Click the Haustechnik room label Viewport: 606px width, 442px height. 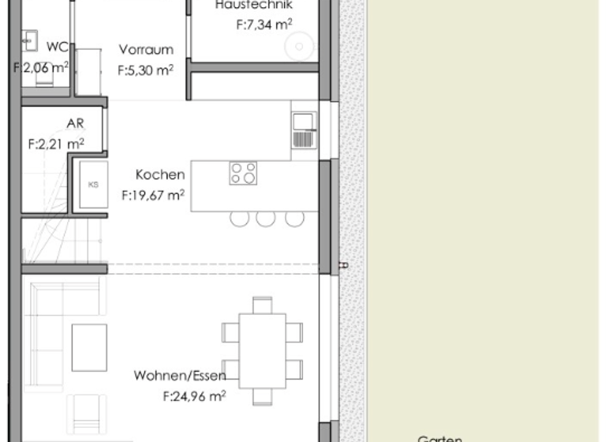(x=253, y=5)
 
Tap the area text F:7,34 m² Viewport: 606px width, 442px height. (x=264, y=25)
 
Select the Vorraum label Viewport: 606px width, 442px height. (x=146, y=50)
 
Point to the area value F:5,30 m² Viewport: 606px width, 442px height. (x=146, y=70)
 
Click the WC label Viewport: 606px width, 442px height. (x=57, y=46)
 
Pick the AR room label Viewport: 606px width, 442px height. (x=75, y=124)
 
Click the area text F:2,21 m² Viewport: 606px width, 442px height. (x=56, y=144)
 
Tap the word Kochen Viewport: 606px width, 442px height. (x=160, y=174)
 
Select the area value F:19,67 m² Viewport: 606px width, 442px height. (x=153, y=195)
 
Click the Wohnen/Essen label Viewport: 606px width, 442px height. (x=180, y=375)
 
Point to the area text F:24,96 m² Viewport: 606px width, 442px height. (x=194, y=396)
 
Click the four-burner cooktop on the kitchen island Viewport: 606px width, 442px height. (x=243, y=173)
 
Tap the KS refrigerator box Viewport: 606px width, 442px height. (x=93, y=185)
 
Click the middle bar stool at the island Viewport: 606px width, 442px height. (x=266, y=218)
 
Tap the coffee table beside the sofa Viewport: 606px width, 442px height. (x=88, y=347)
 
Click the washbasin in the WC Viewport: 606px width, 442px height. (x=30, y=38)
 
